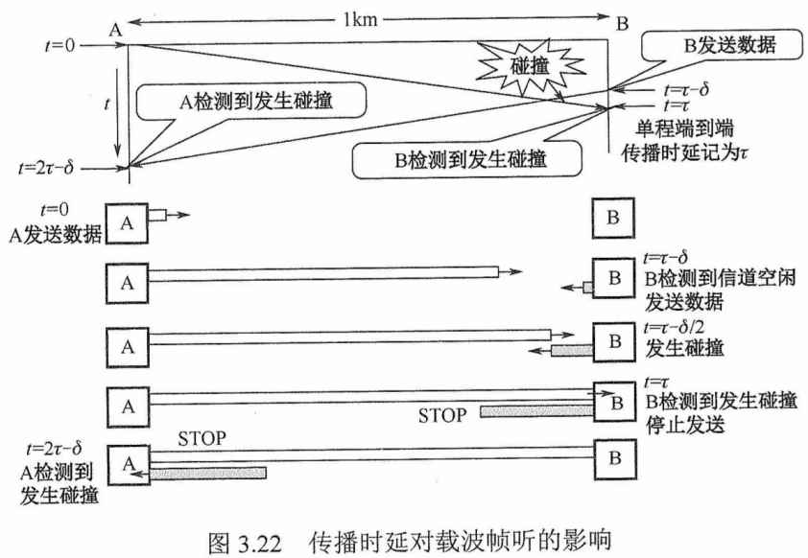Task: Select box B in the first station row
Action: (611, 220)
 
